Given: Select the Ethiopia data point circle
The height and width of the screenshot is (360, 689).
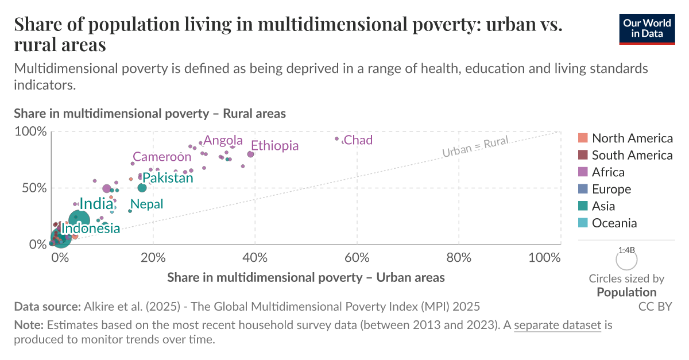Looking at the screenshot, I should pyautogui.click(x=250, y=154).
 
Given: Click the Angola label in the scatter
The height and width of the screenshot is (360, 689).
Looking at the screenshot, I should pyautogui.click(x=223, y=141).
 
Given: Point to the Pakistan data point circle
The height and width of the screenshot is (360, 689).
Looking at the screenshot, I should pyautogui.click(x=142, y=188).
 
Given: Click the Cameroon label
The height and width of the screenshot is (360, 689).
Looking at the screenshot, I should pyautogui.click(x=162, y=157).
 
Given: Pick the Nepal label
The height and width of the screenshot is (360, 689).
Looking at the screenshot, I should pyautogui.click(x=147, y=204).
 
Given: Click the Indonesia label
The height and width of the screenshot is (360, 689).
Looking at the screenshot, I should pyautogui.click(x=91, y=229).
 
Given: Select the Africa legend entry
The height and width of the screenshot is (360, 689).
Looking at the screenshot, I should pyautogui.click(x=608, y=172).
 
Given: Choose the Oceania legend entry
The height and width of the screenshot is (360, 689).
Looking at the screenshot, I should pyautogui.click(x=614, y=223).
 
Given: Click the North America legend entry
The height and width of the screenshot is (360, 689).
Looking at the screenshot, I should pyautogui.click(x=632, y=138).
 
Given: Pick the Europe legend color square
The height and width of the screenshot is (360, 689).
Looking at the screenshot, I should pyautogui.click(x=583, y=189).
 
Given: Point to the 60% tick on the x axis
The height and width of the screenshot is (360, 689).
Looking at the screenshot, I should pyautogui.click(x=357, y=258).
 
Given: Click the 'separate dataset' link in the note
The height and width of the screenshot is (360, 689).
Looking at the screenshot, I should pyautogui.click(x=558, y=326).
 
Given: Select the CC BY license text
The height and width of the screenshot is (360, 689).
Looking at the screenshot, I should pyautogui.click(x=655, y=307).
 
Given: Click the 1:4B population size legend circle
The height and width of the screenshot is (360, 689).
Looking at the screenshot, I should pyautogui.click(x=626, y=260).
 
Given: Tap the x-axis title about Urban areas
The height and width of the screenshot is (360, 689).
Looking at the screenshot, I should pyautogui.click(x=306, y=278).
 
